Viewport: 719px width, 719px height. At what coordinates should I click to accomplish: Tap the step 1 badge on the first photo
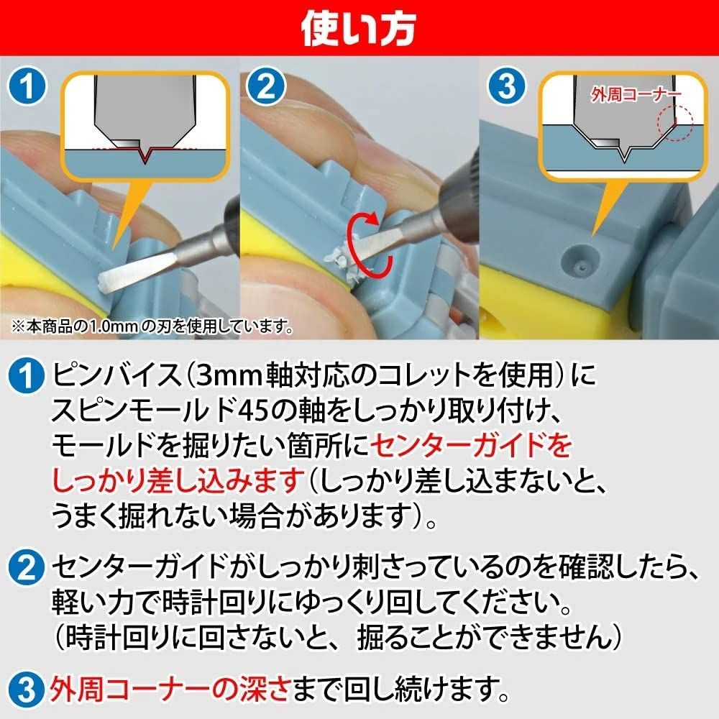tap(28, 88)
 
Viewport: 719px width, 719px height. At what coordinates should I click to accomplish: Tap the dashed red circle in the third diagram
tap(675, 123)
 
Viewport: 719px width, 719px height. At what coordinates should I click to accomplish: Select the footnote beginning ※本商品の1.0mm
tap(150, 327)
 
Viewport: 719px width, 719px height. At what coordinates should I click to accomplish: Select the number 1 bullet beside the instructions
tap(26, 375)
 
